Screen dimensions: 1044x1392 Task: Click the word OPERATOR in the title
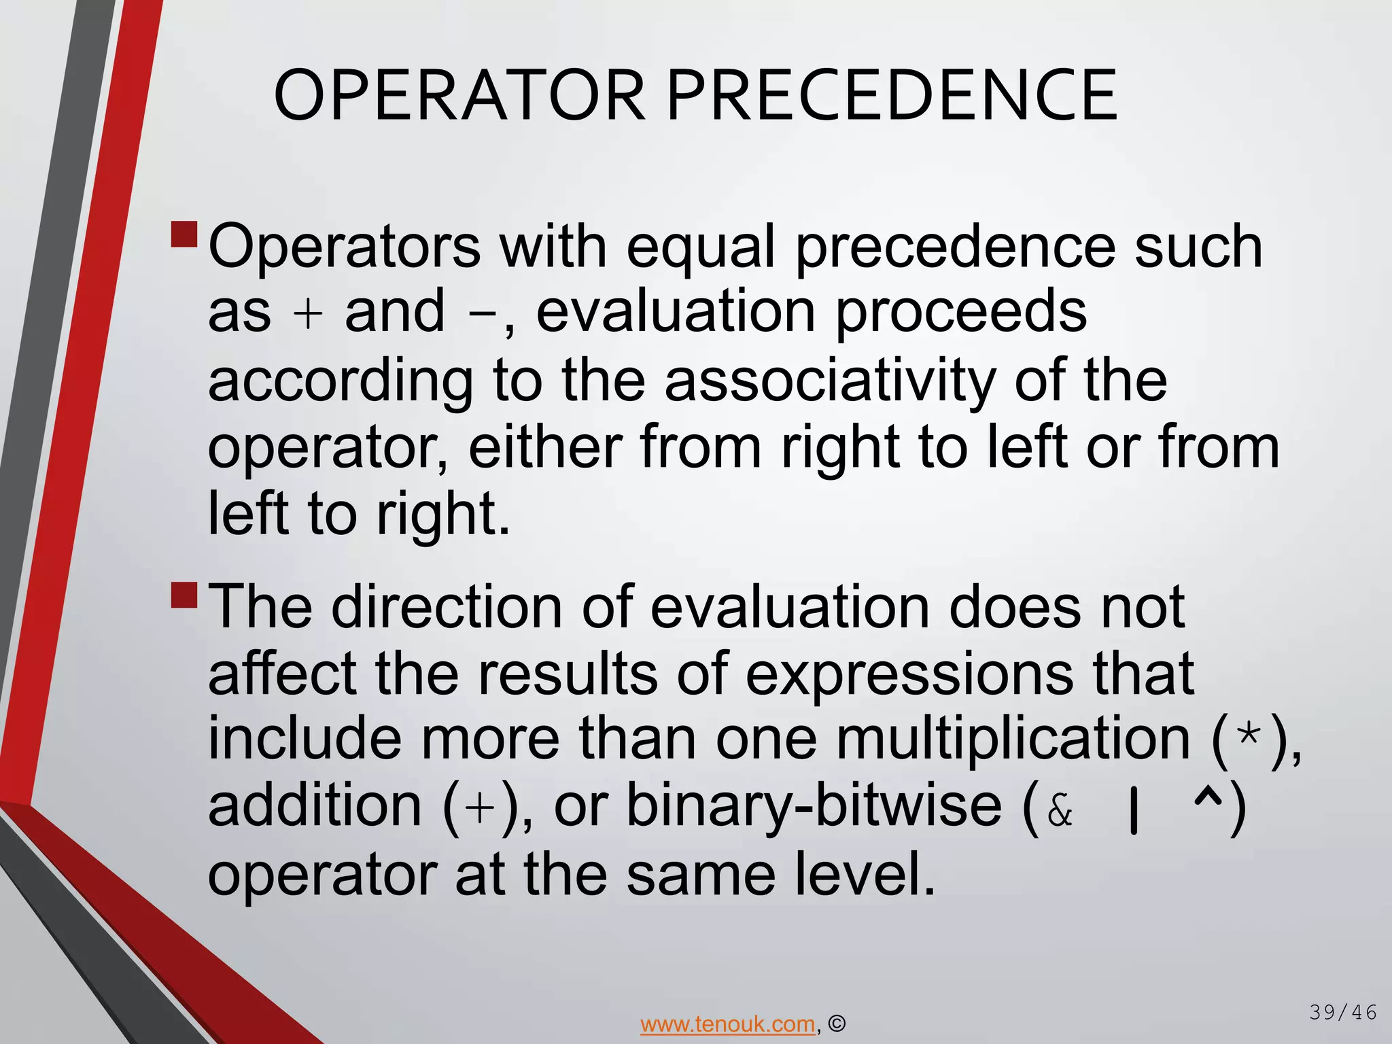point(459,95)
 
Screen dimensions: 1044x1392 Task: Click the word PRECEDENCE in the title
point(892,95)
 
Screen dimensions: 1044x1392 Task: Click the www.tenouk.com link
point(727,1024)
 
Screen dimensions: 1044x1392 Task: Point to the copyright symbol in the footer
point(837,1024)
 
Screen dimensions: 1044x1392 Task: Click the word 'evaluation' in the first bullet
point(676,313)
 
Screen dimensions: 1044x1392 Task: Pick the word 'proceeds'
point(961,313)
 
